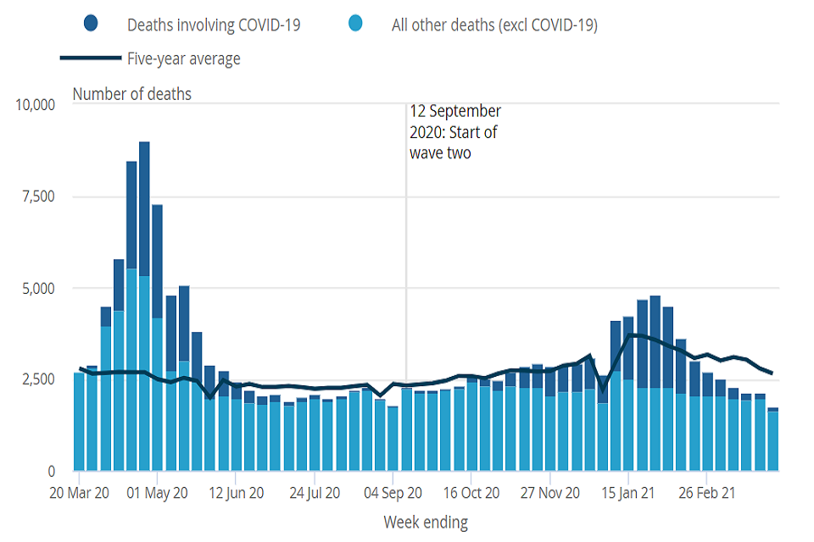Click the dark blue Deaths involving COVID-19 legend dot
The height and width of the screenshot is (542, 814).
point(92,25)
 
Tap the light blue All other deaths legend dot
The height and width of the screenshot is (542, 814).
point(355,25)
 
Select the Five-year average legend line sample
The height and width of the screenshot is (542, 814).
point(89,58)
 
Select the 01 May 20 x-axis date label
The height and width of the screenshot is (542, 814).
point(157,492)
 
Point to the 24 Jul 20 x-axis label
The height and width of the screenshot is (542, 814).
point(314,492)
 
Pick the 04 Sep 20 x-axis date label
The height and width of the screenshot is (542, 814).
point(393,492)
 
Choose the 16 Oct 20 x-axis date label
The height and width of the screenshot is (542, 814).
point(471,492)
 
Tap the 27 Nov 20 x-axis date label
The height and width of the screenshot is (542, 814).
point(550,492)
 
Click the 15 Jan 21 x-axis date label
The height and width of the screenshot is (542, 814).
point(628,492)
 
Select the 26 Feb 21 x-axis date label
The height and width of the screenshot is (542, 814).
point(707,492)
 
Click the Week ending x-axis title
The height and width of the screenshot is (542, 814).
point(426,522)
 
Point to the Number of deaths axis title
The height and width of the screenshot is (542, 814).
point(131,94)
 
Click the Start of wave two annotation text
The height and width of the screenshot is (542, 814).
point(455,132)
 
